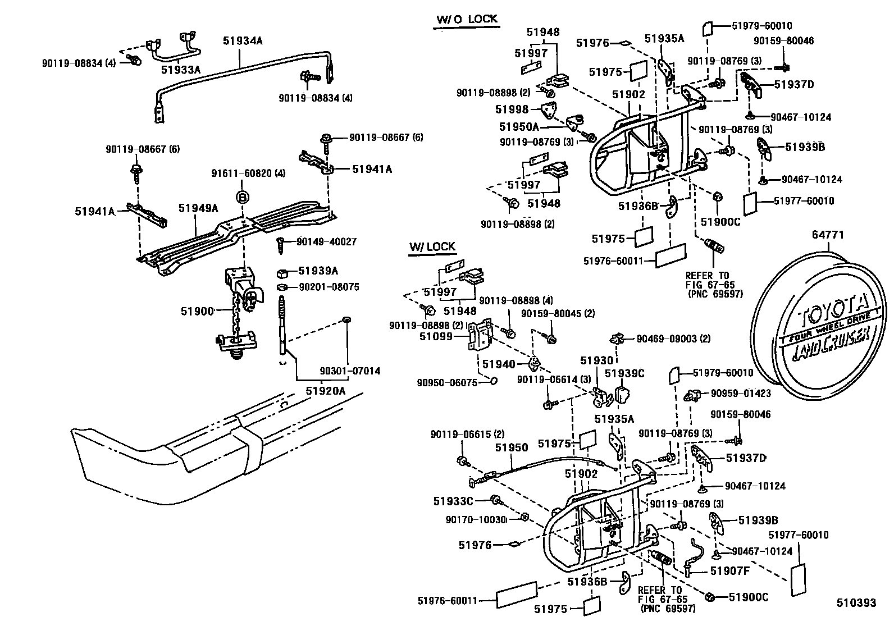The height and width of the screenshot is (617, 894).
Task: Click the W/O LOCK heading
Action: pos(467,19)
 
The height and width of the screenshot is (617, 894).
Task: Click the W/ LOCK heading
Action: pos(432,247)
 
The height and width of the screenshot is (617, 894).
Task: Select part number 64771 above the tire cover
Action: pos(827,235)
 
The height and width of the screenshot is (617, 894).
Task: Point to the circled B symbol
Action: pos(242,197)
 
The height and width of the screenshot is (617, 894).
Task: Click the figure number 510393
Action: pos(856,603)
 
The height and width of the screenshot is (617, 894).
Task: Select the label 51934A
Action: pos(243,40)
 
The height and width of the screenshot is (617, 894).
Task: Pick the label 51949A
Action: pos(198,208)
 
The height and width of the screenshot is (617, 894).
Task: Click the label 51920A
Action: pos(326,390)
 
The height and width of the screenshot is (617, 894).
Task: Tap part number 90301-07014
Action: pos(350,371)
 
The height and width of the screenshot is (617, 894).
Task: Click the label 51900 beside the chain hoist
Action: pos(197,310)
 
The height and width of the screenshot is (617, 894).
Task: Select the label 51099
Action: pos(436,336)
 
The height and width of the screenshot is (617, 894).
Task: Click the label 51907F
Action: pos(730,571)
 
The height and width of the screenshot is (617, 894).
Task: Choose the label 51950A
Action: pos(519,127)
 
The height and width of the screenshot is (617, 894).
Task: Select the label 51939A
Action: pos(318,271)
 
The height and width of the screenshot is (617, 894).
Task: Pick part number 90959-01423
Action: pos(741,394)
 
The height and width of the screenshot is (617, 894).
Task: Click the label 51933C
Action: pos(454,500)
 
